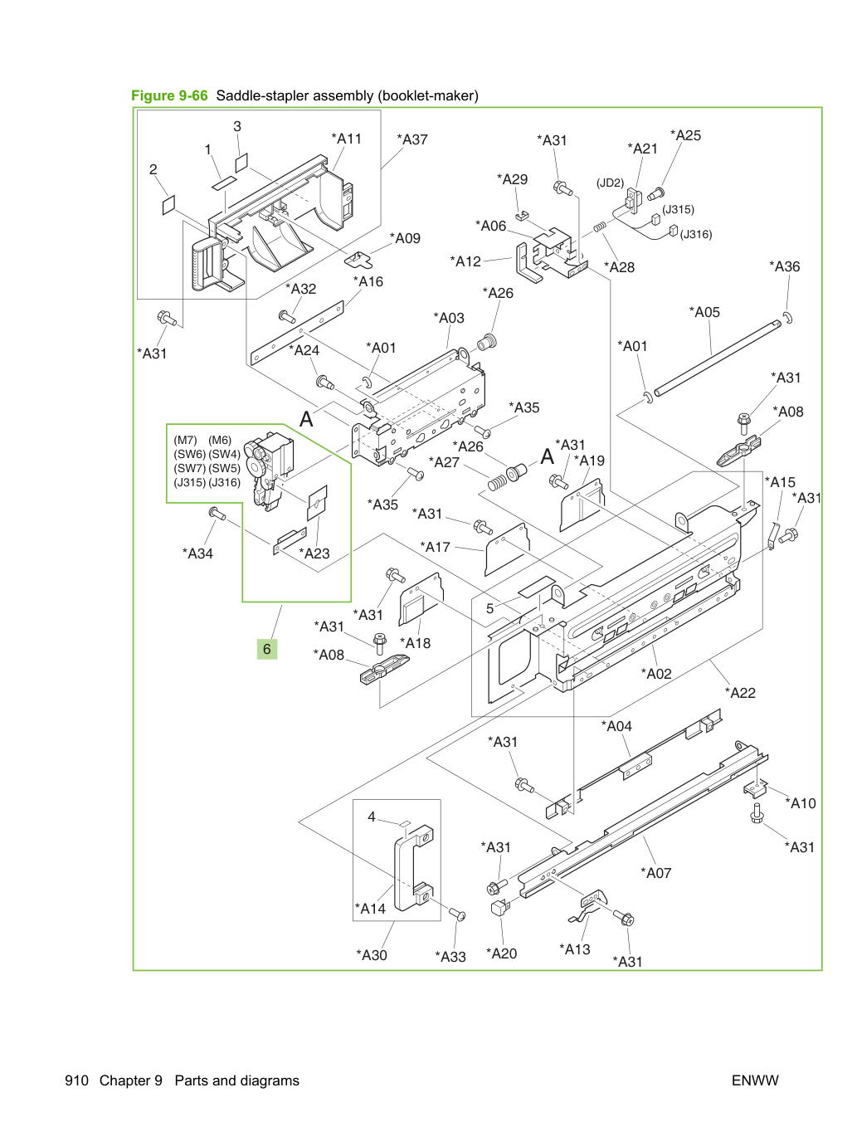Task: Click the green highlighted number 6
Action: tap(267, 649)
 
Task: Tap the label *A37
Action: tap(412, 140)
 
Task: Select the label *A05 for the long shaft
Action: tap(704, 312)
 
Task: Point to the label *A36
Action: tap(785, 266)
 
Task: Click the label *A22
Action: tap(739, 693)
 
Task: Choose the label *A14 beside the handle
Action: tap(370, 908)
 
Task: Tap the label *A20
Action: tap(502, 953)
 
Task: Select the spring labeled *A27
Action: tap(498, 483)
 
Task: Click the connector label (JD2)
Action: tap(610, 183)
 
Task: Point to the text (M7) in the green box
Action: tap(186, 441)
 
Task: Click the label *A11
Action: tap(346, 139)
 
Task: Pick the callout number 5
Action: tap(489, 609)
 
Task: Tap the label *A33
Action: tap(450, 957)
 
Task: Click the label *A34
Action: tap(197, 553)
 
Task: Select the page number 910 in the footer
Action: tap(77, 1080)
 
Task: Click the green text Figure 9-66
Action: tap(169, 95)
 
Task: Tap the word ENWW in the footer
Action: tap(755, 1080)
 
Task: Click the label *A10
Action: tap(801, 803)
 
